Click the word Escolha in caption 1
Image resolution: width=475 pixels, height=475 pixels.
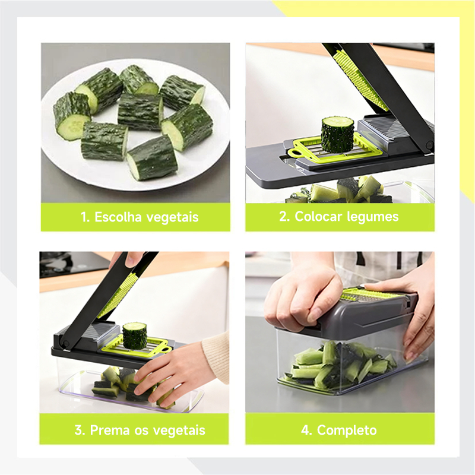coord(118,217)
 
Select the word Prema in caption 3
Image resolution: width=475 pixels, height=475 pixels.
coord(110,430)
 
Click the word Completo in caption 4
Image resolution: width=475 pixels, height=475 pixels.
coord(347,430)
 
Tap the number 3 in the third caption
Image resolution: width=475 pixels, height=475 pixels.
coord(79,430)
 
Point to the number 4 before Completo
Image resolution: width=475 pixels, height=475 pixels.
coord(306,430)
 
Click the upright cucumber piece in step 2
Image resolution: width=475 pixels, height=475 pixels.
coord(337,134)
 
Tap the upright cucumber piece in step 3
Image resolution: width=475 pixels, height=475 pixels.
coord(135,335)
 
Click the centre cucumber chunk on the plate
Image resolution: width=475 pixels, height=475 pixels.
coord(140,111)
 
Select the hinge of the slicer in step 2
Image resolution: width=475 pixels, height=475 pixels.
coord(429,145)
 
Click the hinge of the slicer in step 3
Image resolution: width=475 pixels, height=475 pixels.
coord(65,344)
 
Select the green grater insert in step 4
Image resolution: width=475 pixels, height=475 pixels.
coord(372,294)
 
